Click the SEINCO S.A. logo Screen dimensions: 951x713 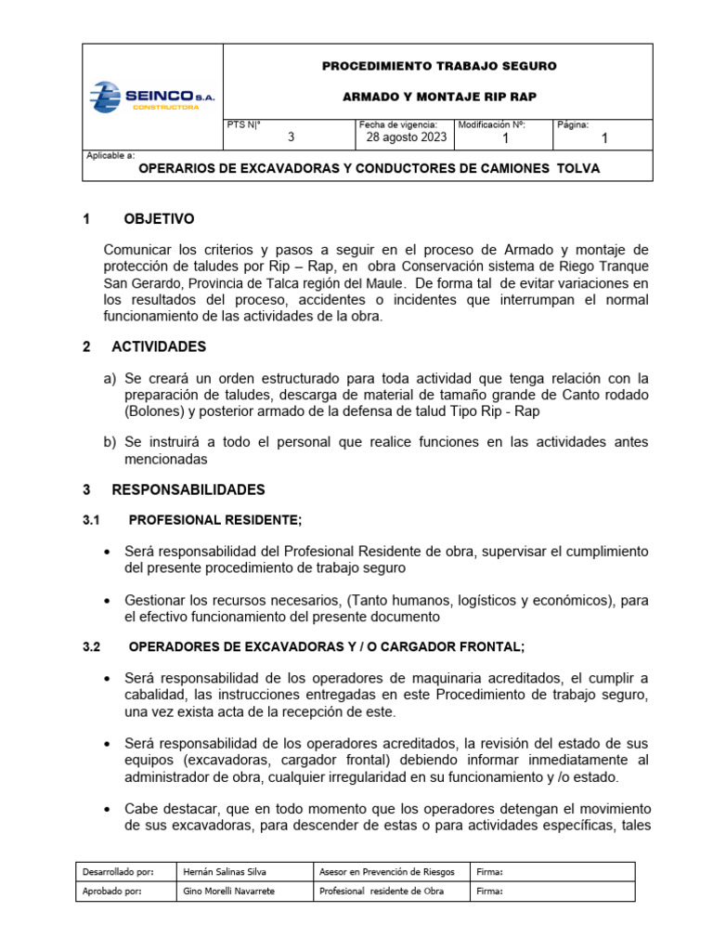pyautogui.click(x=152, y=97)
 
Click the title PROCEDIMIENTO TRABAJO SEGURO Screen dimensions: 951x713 pyautogui.click(x=439, y=67)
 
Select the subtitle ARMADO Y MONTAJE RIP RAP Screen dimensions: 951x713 pyautogui.click(x=439, y=97)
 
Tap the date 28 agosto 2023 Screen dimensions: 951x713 pyautogui.click(x=402, y=137)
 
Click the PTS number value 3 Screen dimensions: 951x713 pyautogui.click(x=291, y=137)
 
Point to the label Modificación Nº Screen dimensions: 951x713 pyautogui.click(x=492, y=124)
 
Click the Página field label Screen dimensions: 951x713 pyautogui.click(x=572, y=124)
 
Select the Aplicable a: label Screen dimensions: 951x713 pyautogui.click(x=110, y=156)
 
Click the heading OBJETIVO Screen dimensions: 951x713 pyautogui.click(x=159, y=219)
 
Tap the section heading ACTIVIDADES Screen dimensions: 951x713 pyautogui.click(x=159, y=346)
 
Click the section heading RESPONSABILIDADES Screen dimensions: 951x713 pyautogui.click(x=188, y=489)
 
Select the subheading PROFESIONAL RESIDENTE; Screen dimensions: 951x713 pyautogui.click(x=214, y=520)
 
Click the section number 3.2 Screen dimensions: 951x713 pyautogui.click(x=94, y=646)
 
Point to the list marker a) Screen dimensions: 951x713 pyautogui.click(x=110, y=378)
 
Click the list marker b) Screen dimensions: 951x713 pyautogui.click(x=110, y=442)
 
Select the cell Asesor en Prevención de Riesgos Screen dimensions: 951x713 pyautogui.click(x=386, y=872)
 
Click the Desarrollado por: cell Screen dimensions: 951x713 pyautogui.click(x=118, y=872)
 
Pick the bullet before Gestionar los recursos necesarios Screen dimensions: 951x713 pyautogui.click(x=110, y=601)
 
